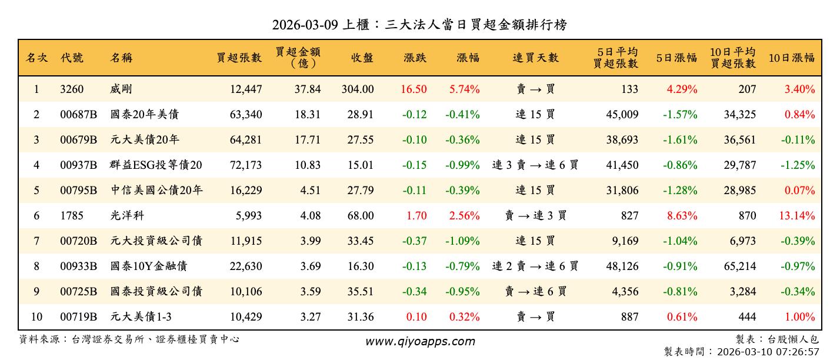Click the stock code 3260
pos(72,89)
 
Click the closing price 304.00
pos(357,89)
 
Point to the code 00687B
pos(78,115)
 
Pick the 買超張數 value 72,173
pos(245,165)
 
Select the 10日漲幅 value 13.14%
pos(797,216)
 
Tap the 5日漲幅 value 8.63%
pos(682,216)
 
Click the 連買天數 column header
pos(535,58)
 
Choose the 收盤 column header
pos(362,58)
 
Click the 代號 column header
pos(72,58)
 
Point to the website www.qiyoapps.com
pos(420,341)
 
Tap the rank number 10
pos(36,317)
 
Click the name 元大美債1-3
pos(141,317)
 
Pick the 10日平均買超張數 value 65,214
pos(739,266)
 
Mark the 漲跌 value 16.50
pos(414,89)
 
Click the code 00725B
pos(78,292)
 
